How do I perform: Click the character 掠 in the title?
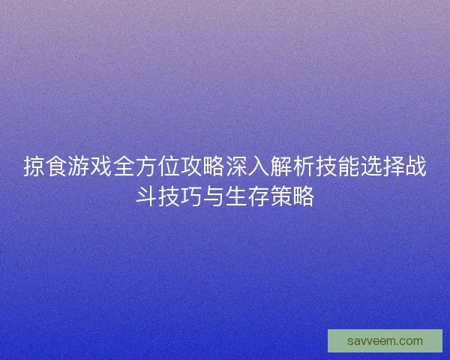(34, 167)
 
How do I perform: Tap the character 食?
(56, 167)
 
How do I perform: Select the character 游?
(79, 167)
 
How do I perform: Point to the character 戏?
(101, 167)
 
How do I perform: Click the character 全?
(124, 167)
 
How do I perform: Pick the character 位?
(169, 167)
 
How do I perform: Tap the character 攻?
(191, 167)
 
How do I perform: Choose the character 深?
(236, 167)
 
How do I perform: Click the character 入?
(259, 167)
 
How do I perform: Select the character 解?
(281, 167)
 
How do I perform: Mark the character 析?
(304, 167)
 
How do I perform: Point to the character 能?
(349, 167)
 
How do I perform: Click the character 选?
(371, 167)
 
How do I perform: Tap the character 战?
(416, 167)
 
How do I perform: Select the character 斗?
(146, 197)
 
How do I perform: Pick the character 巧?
(191, 197)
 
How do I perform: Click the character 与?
(214, 197)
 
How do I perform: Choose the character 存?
(259, 197)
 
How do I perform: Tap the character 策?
(281, 197)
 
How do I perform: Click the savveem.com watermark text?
(385, 341)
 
